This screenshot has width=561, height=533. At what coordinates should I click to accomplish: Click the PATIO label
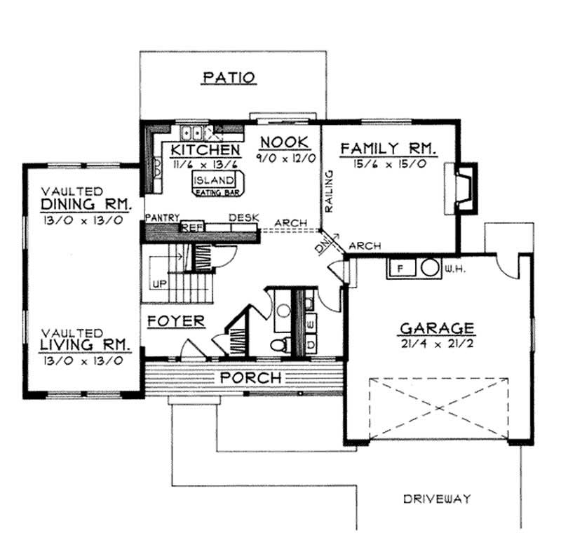229,77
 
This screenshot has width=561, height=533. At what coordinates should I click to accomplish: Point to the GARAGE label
437,328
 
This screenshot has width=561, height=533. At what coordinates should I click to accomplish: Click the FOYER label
176,322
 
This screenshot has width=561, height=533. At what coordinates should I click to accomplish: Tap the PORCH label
251,378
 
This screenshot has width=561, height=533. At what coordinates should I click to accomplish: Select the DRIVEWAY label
436,499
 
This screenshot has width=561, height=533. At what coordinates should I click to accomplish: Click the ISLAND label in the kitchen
213,180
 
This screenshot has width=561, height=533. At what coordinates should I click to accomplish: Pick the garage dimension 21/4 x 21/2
437,344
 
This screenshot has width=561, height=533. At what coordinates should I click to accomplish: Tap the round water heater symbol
429,268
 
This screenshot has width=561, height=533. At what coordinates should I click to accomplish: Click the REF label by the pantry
190,227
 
